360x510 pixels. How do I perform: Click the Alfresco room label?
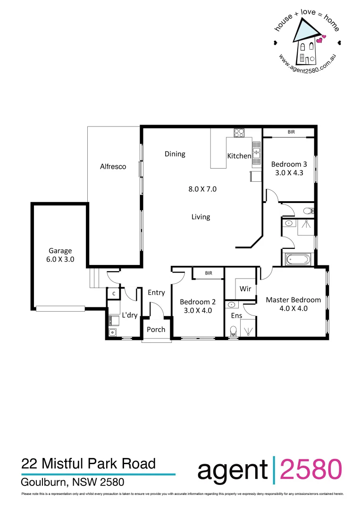(x=113, y=167)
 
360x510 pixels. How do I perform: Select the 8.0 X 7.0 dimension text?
(x=202, y=189)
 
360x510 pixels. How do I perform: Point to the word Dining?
(x=175, y=154)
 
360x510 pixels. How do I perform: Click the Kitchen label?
(x=239, y=156)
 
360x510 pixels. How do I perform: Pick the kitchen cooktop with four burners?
(x=239, y=133)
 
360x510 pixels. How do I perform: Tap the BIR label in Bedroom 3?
(x=291, y=132)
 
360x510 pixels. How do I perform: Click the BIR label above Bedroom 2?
(x=208, y=273)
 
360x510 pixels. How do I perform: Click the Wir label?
(x=245, y=289)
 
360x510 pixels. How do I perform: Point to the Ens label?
(x=236, y=315)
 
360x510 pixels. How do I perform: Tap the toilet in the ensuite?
(x=232, y=332)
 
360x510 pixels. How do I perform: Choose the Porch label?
(x=156, y=329)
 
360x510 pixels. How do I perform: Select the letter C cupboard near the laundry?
(x=114, y=294)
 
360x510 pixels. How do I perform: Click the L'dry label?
(x=129, y=315)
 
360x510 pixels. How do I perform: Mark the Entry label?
(x=156, y=292)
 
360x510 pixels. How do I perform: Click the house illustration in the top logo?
(x=306, y=45)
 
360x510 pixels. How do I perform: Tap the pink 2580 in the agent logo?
(x=311, y=470)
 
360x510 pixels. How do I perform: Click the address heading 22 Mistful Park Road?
(x=89, y=464)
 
